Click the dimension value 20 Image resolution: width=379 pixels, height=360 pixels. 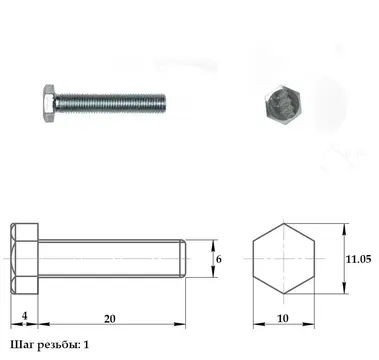coord(110,319)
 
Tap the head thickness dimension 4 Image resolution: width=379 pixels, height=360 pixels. coord(25,316)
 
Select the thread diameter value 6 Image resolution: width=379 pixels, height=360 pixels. coord(219,259)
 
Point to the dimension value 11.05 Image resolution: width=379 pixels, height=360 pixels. coord(358,259)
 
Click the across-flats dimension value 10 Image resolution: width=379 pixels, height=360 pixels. coord(283,319)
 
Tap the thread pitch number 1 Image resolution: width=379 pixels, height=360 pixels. coord(86,345)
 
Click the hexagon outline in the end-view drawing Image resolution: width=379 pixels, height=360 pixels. coord(253,259)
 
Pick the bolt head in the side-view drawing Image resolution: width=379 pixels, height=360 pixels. coord(24,259)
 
